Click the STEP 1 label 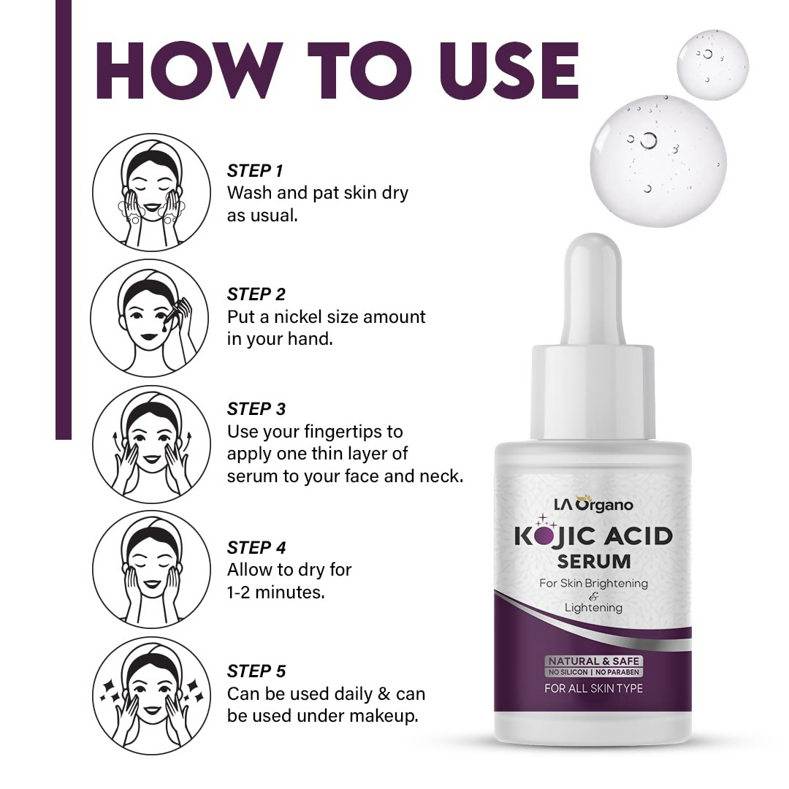[x=255, y=171]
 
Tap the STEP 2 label [x=256, y=294]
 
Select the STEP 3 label [x=256, y=408]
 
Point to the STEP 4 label [x=256, y=548]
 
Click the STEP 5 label [x=256, y=671]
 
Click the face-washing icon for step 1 [x=150, y=191]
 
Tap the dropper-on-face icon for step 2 [x=150, y=318]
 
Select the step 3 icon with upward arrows [x=150, y=444]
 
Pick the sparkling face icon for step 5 [x=150, y=695]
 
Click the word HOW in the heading [x=186, y=70]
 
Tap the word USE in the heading [x=508, y=70]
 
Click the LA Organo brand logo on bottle [x=592, y=504]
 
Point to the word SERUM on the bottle [x=593, y=562]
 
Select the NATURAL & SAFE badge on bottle [x=593, y=661]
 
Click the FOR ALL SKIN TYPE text [x=593, y=688]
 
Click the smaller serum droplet [x=712, y=65]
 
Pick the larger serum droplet [x=658, y=160]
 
